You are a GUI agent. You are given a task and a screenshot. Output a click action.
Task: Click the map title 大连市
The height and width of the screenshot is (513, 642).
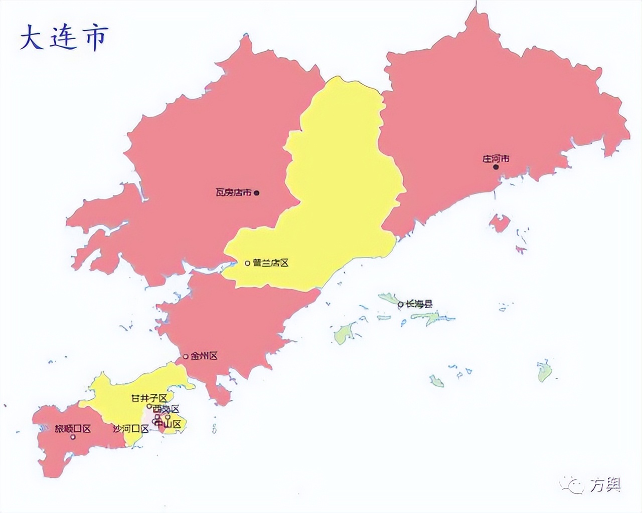click(64, 38)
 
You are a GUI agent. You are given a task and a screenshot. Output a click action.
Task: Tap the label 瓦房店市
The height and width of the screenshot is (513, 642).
click(234, 192)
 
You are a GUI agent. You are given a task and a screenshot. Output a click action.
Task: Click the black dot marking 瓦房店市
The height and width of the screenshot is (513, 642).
click(257, 192)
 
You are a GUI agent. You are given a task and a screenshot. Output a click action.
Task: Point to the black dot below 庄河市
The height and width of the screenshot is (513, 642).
click(496, 167)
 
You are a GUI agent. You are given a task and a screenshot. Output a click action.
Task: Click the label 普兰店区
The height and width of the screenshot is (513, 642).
click(271, 263)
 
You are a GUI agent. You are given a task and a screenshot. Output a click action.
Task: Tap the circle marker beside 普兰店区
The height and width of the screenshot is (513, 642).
click(247, 263)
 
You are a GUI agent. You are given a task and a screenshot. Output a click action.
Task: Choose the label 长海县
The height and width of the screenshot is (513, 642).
click(419, 304)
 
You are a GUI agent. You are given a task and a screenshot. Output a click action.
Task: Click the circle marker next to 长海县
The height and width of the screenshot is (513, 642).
click(400, 304)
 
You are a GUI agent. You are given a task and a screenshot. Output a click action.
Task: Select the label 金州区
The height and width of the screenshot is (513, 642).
click(204, 356)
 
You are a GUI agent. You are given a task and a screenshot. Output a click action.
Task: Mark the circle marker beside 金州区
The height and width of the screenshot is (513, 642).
click(186, 357)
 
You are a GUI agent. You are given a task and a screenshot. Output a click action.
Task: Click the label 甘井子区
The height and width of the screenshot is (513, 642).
click(149, 398)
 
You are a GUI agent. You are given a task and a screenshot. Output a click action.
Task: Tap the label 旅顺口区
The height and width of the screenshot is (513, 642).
click(73, 429)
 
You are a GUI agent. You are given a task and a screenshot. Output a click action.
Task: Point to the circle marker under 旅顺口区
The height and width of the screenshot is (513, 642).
click(73, 437)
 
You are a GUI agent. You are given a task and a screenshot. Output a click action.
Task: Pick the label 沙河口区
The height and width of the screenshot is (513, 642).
click(131, 429)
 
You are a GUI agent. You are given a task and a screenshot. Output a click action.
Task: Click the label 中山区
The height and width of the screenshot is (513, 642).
click(168, 424)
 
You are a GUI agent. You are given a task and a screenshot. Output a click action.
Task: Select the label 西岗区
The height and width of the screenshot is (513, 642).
click(167, 409)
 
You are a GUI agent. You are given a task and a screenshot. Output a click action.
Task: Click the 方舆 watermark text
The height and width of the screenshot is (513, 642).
click(605, 484)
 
